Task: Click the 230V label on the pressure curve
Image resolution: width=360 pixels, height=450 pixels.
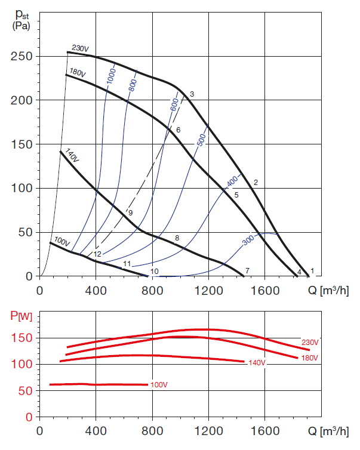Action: (80, 48)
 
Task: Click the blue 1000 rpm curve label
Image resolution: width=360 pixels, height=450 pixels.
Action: (111, 76)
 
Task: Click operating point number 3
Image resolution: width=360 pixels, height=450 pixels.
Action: (192, 94)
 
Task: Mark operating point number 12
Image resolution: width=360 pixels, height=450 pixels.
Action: (97, 254)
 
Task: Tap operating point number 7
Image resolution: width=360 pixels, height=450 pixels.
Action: (247, 271)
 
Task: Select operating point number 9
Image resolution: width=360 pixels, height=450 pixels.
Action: (130, 212)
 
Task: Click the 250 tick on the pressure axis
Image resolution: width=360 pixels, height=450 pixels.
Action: (21, 57)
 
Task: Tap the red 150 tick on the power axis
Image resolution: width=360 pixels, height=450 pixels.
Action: (21, 338)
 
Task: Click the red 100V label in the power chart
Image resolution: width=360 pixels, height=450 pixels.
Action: (159, 384)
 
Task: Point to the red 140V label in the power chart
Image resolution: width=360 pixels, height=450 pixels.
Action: (257, 362)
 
